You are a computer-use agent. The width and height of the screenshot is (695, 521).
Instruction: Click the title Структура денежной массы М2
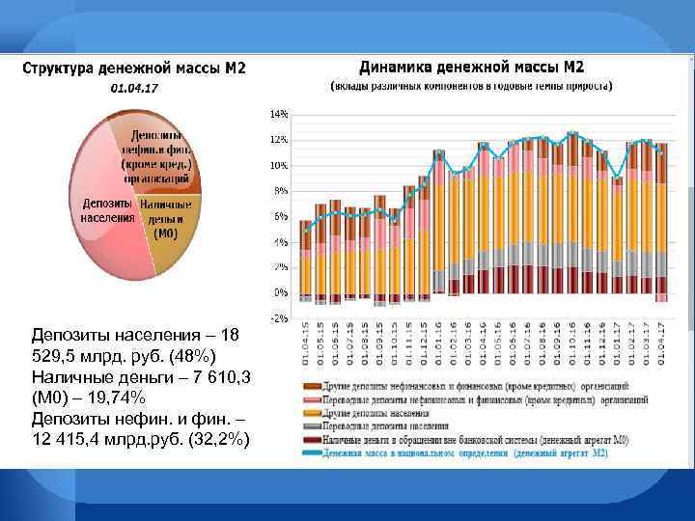coord(135,69)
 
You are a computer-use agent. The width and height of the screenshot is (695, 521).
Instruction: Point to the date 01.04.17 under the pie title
coord(135,89)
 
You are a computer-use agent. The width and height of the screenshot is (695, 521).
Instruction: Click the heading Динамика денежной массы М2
coord(471,68)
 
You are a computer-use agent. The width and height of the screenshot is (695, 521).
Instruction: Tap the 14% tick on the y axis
coord(278,114)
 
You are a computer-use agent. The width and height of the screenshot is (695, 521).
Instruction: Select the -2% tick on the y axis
coord(278,318)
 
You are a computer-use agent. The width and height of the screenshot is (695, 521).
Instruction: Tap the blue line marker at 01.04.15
coord(305,232)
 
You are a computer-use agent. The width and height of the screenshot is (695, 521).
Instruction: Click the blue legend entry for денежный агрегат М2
coord(463,452)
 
